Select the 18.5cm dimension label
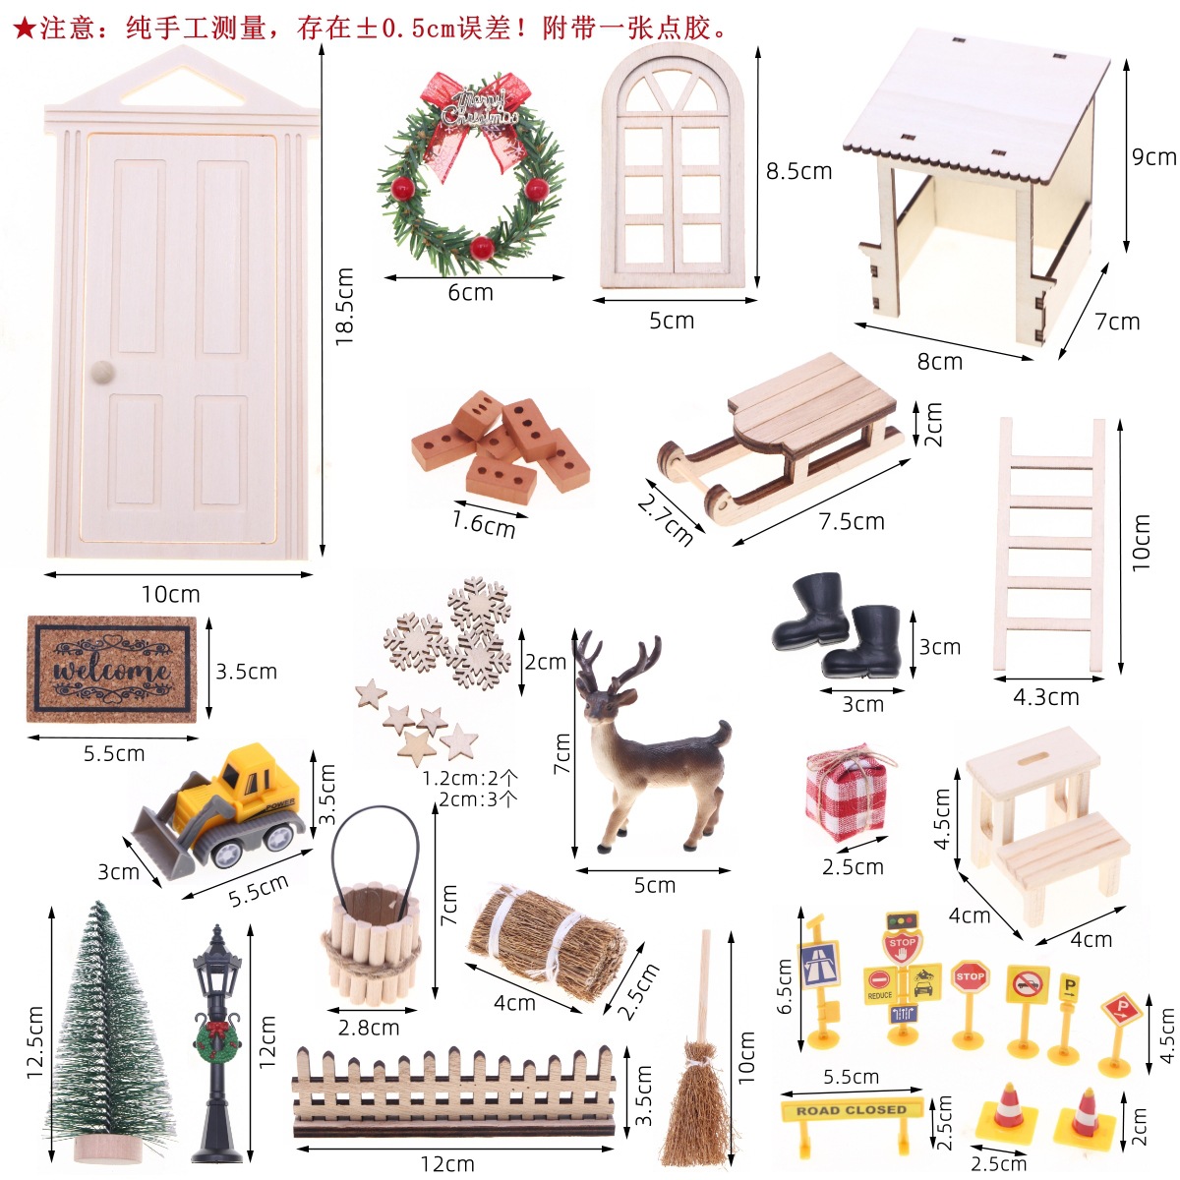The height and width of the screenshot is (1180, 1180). pyautogui.click(x=343, y=305)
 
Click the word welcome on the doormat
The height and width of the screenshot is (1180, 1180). pyautogui.click(x=111, y=671)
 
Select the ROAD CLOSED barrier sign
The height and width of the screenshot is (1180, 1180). pyautogui.click(x=852, y=1110)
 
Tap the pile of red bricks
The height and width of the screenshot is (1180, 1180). pyautogui.click(x=501, y=447)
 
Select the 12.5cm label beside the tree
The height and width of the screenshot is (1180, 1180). pyautogui.click(x=35, y=1042)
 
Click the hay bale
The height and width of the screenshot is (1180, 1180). pyautogui.click(x=546, y=944)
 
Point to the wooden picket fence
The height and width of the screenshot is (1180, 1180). pyautogui.click(x=454, y=1091)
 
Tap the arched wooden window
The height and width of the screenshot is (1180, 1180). pyautogui.click(x=674, y=167)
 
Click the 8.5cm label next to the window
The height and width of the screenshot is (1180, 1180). pyautogui.click(x=798, y=171)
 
